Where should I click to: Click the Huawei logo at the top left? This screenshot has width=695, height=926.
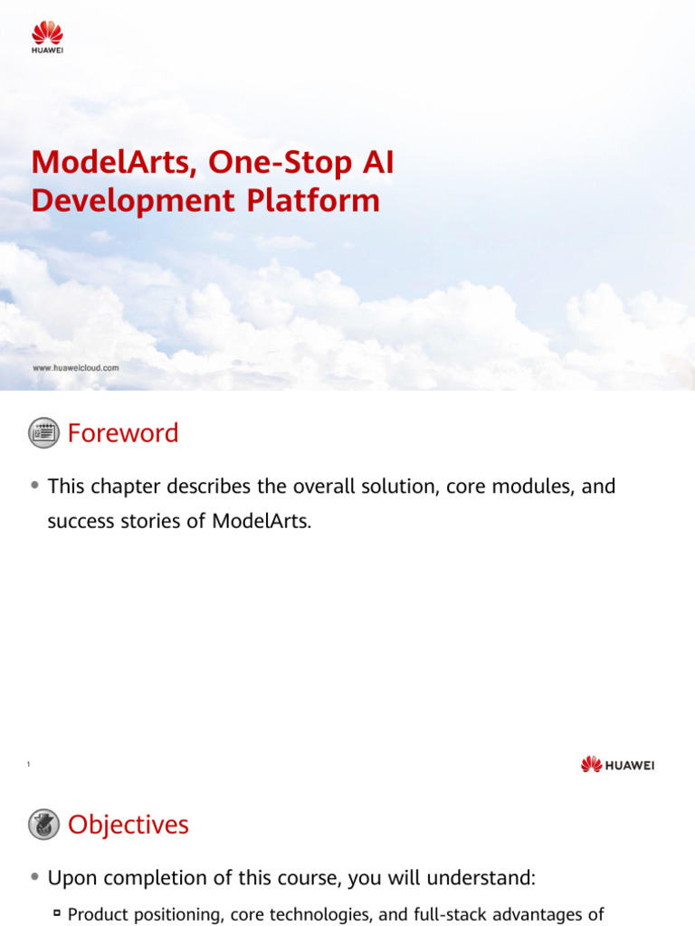(x=47, y=38)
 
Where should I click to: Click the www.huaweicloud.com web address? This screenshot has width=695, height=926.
(x=76, y=368)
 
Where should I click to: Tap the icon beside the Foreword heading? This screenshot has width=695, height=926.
(x=43, y=433)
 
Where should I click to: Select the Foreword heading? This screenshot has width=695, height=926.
(x=123, y=434)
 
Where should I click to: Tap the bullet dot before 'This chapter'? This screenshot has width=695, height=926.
(x=34, y=486)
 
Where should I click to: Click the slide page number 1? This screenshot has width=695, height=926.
(x=29, y=766)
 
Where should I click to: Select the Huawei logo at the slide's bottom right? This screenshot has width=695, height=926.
(x=617, y=765)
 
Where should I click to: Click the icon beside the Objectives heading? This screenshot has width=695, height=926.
(x=43, y=825)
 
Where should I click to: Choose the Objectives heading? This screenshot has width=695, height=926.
(x=129, y=825)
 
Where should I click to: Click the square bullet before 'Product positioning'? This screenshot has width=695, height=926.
(x=56, y=914)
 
